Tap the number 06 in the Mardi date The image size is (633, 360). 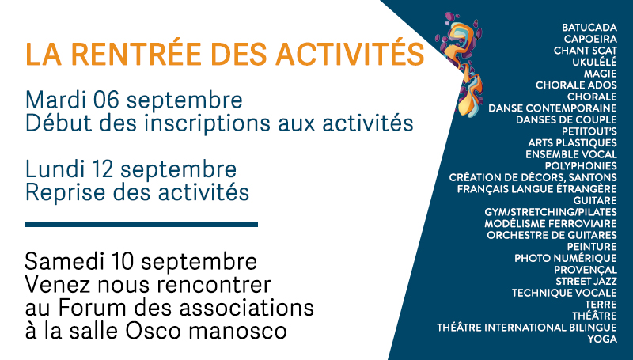(x=106, y=100)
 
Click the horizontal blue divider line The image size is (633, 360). (x=142, y=225)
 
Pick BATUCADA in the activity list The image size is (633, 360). (x=589, y=28)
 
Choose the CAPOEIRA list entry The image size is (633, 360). (x=590, y=39)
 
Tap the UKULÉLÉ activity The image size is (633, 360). (x=594, y=62)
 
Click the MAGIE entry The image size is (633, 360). (x=601, y=74)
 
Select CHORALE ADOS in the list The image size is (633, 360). (x=576, y=85)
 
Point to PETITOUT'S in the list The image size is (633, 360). (x=589, y=131)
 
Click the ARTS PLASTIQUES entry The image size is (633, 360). (x=572, y=143)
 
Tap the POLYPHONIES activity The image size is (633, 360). (x=581, y=166)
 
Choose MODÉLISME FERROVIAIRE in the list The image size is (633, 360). (x=551, y=224)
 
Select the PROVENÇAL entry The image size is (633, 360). (x=586, y=270)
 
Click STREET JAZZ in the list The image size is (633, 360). (x=586, y=282)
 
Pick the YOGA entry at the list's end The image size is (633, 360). (x=602, y=339)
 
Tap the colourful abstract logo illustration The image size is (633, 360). (x=461, y=65)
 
